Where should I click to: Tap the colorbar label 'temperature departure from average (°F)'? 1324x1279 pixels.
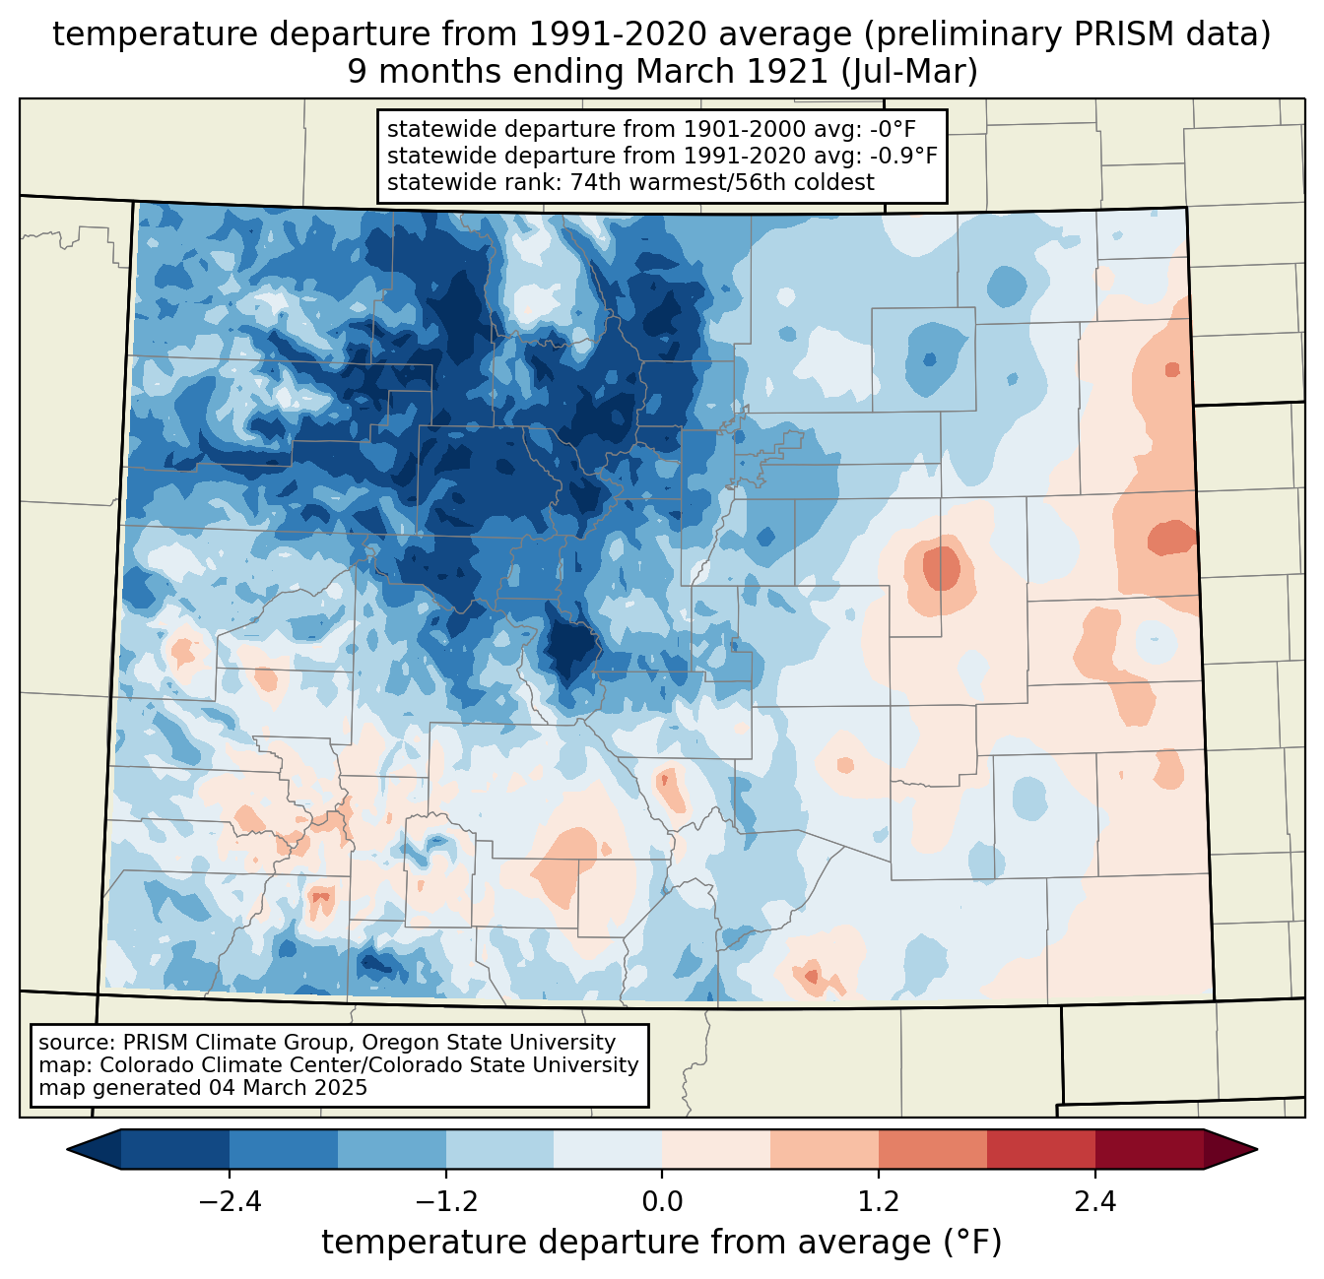[x=661, y=1243]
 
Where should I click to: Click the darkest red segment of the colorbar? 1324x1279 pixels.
[x=1149, y=1149]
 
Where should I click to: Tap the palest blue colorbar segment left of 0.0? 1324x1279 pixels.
[x=608, y=1149]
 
